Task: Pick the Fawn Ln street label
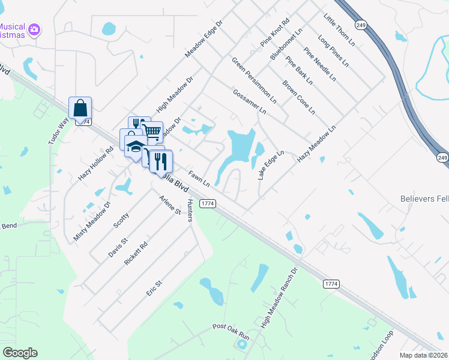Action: [x=198, y=178]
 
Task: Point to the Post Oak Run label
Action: [x=231, y=329]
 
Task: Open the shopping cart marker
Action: [x=152, y=130]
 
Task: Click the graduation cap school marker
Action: [x=135, y=146]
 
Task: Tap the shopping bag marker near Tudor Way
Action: [x=80, y=108]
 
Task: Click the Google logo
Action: [x=20, y=353]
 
